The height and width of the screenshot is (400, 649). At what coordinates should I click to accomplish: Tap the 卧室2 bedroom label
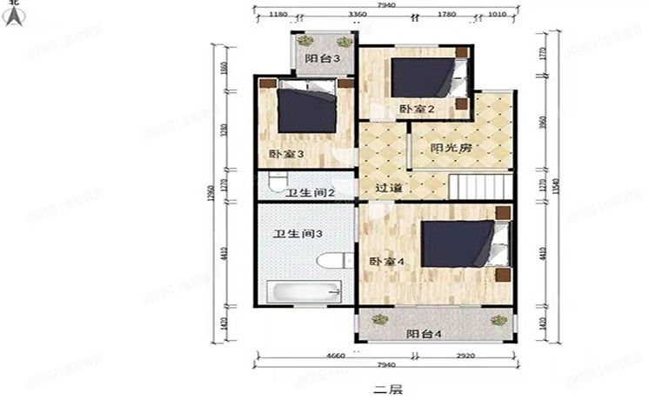(417, 108)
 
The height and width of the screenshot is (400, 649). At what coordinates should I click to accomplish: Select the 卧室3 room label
(286, 154)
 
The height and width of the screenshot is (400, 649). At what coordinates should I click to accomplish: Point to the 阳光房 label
(451, 148)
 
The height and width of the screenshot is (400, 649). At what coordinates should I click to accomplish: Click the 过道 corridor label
(388, 188)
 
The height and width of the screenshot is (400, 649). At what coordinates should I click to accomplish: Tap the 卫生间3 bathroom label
(293, 234)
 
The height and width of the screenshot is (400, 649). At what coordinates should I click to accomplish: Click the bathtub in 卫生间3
(301, 292)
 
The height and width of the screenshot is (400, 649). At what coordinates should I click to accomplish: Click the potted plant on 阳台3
(304, 41)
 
